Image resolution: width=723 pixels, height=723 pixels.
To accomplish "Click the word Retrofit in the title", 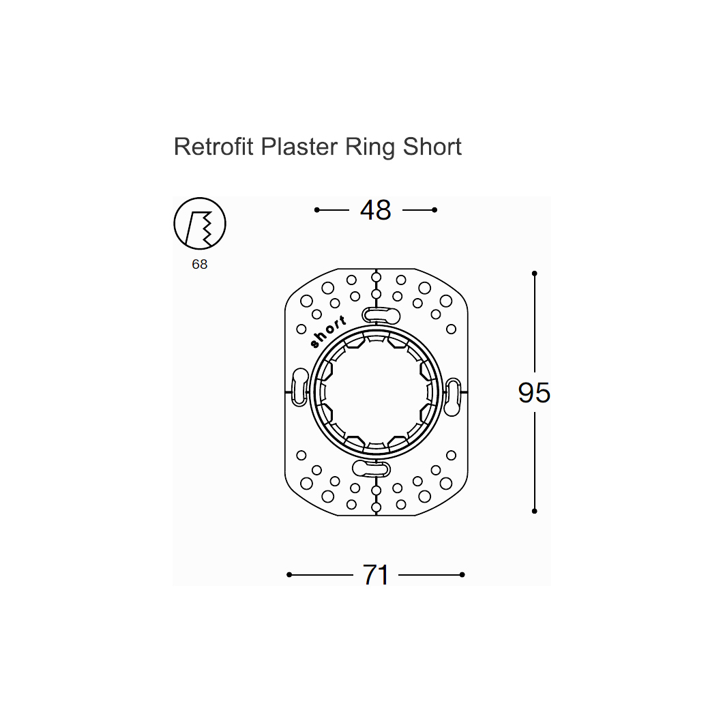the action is pyautogui.click(x=213, y=147).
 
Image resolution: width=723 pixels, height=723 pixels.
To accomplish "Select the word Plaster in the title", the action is pyautogui.click(x=299, y=147).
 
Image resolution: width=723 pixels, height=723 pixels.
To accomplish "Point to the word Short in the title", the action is pyautogui.click(x=432, y=147).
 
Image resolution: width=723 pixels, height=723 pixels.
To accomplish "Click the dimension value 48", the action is pyautogui.click(x=375, y=210).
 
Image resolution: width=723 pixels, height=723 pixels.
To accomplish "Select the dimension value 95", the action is pyautogui.click(x=535, y=393).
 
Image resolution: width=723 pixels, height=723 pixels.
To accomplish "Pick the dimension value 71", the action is pyautogui.click(x=375, y=575).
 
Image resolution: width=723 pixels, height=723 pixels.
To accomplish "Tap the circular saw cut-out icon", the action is pyautogui.click(x=200, y=224).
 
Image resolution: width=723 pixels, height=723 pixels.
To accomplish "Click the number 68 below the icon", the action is pyautogui.click(x=200, y=264).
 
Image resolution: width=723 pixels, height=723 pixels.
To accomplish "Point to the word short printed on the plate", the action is pyautogui.click(x=328, y=331).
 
